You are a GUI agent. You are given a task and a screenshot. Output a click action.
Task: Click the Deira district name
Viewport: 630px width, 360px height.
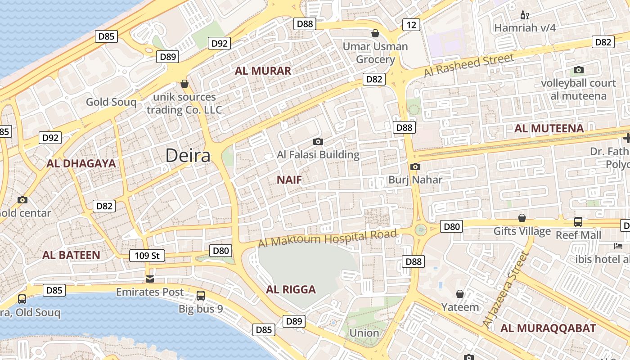coord(188,156)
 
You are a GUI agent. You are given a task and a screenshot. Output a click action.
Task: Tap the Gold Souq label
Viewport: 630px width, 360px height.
coord(111,102)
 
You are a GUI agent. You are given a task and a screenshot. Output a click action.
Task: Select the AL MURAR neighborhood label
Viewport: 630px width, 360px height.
coord(263,71)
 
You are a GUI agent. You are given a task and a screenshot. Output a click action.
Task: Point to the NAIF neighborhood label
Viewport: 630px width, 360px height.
coord(289,180)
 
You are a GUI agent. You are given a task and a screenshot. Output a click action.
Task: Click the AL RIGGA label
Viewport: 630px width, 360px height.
coord(291,289)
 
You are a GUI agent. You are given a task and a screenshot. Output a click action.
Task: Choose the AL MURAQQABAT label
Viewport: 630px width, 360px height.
coord(548,328)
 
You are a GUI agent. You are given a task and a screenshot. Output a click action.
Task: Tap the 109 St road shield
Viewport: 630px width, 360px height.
coord(147,256)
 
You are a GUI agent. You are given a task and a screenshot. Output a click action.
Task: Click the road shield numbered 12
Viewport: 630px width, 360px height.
coord(411,24)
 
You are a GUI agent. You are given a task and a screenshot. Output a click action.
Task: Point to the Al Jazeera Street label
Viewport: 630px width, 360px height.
coord(505,289)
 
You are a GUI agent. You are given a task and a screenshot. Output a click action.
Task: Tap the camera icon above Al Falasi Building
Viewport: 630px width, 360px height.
coord(318,142)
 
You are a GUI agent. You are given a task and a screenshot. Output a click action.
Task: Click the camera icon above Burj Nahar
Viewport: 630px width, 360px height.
coord(415,167)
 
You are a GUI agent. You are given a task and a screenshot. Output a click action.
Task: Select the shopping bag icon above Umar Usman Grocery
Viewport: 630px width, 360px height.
coord(375,33)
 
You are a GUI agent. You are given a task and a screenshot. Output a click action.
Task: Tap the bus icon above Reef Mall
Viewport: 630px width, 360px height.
coord(578,222)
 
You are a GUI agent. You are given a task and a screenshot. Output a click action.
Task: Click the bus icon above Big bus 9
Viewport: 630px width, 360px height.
coord(201,296)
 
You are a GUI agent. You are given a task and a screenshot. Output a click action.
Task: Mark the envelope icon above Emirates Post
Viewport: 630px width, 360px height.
coord(150,279)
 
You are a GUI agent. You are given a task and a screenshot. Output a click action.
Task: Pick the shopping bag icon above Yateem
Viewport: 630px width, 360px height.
coord(460,294)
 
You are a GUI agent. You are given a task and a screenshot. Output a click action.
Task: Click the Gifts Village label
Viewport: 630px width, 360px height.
coord(522,231)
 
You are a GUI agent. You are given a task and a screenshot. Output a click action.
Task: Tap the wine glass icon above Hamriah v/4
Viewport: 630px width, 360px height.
coord(524,15)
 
